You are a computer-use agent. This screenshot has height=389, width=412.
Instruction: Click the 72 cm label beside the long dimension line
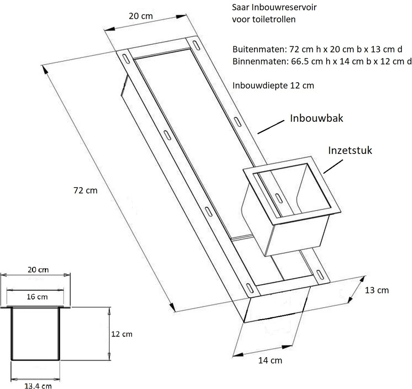coord(86,190)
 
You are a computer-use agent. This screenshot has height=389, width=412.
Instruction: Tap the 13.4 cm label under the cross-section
coord(38,386)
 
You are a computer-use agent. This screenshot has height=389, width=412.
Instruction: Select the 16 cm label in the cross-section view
coord(37,296)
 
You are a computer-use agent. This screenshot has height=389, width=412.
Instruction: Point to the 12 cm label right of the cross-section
coord(122,334)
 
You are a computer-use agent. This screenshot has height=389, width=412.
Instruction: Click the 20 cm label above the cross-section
coord(38,269)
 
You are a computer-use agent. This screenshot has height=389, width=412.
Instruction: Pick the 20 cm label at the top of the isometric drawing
coord(140,16)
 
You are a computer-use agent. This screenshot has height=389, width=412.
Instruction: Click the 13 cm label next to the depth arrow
coord(376,290)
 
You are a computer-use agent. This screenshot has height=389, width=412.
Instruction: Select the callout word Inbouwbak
coord(317,119)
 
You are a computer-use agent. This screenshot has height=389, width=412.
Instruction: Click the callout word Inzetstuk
coord(350,150)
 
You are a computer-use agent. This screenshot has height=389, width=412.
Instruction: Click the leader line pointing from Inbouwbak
coord(271,126)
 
